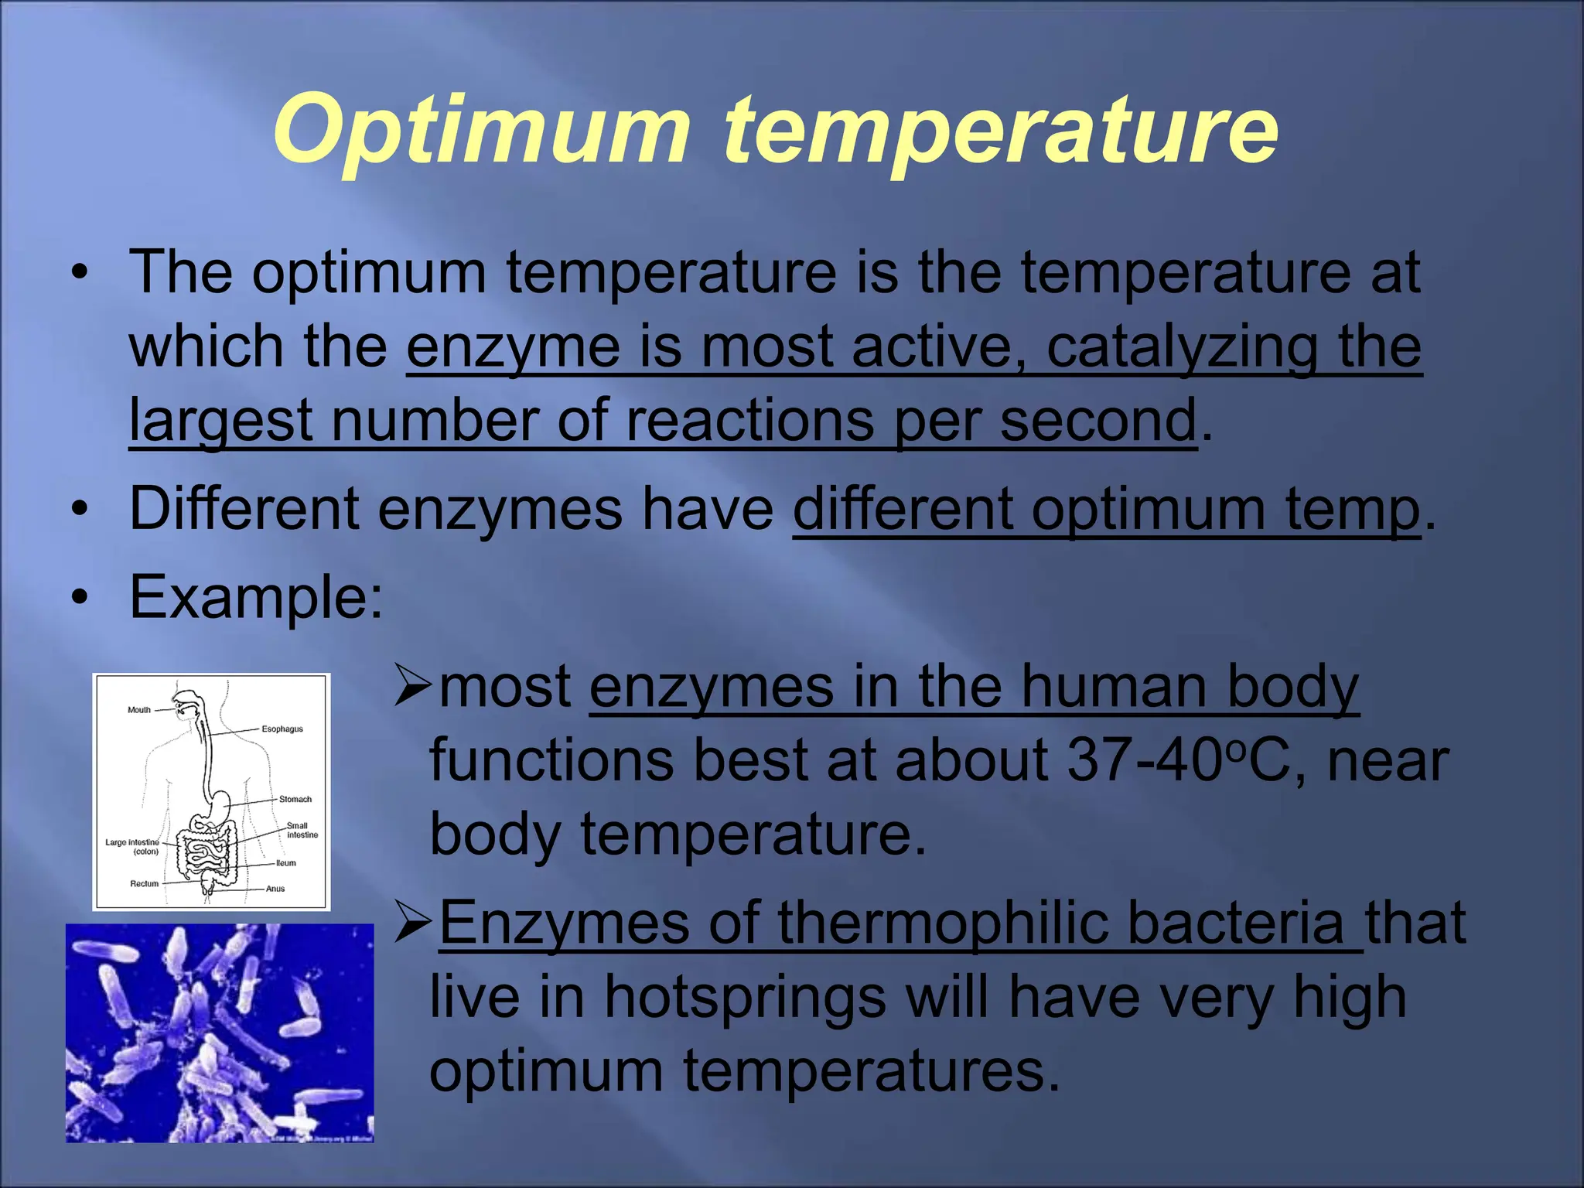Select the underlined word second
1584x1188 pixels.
pos(1098,421)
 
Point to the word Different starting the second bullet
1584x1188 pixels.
pos(244,509)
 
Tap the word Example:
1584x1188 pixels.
pos(256,597)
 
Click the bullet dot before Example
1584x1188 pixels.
pos(78,599)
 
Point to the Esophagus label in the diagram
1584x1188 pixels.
pos(282,729)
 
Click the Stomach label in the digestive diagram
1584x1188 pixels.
pos(295,799)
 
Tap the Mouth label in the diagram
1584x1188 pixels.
pos(139,709)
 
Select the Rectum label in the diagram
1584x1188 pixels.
pos(144,883)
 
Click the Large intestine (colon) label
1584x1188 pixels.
pos(133,846)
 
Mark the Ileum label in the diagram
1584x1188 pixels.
pos(285,862)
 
